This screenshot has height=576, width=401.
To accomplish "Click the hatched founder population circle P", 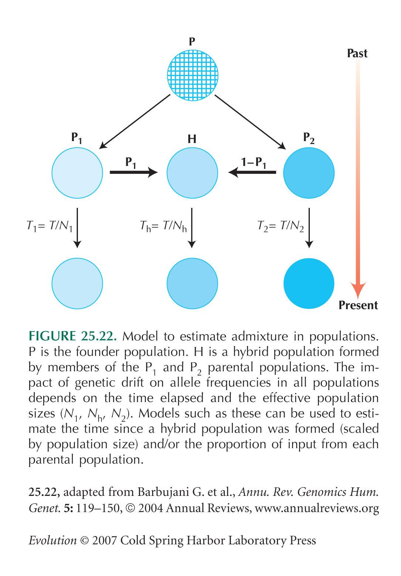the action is [x=192, y=75].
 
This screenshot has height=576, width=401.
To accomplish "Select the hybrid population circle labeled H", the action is [x=192, y=173].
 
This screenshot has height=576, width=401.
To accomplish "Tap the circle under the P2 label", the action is [x=309, y=173].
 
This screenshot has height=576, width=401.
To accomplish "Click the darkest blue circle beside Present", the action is [x=309, y=283].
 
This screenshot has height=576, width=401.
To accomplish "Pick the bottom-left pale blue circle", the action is [x=77, y=283].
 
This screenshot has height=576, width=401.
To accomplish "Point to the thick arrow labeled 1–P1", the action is [x=252, y=172].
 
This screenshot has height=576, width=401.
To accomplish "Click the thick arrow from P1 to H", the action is [x=134, y=172].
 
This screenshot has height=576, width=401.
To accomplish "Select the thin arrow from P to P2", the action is [x=250, y=122].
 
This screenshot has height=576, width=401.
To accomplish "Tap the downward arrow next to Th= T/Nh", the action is [x=192, y=228].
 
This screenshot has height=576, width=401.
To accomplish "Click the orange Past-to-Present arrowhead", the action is [x=358, y=289].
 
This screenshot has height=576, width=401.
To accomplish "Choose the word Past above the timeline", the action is [x=357, y=53].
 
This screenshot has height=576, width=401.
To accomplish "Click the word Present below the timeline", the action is [x=358, y=305].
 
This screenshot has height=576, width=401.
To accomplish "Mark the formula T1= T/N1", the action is [x=50, y=226].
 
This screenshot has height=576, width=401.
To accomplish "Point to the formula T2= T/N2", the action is [x=281, y=226].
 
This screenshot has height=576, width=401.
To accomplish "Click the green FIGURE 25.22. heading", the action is [x=72, y=336].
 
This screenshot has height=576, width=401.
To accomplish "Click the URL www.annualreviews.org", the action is [x=317, y=508].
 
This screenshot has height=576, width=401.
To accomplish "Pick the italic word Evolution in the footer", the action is [x=52, y=541].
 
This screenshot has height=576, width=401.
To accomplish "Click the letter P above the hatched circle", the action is [x=192, y=41].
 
